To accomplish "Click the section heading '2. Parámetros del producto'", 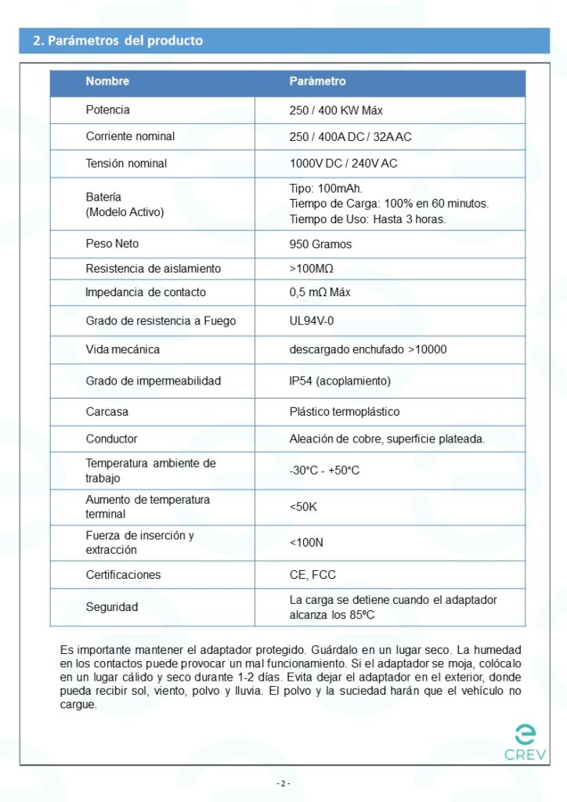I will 117,41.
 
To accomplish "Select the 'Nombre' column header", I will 107,81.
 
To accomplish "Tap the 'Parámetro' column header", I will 317,81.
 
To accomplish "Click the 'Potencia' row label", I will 108,110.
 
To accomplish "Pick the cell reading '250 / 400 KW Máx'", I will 336,110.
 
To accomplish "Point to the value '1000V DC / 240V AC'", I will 343,164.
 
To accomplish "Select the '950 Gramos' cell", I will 320,244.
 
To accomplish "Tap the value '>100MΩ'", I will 311,269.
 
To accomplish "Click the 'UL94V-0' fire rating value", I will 312,320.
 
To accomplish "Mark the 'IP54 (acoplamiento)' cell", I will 340,381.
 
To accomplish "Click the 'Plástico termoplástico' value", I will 345,411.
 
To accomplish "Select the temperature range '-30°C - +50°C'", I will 324,471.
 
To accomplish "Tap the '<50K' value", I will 303,507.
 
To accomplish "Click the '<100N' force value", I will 305,542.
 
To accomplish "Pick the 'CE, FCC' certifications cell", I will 312,575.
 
